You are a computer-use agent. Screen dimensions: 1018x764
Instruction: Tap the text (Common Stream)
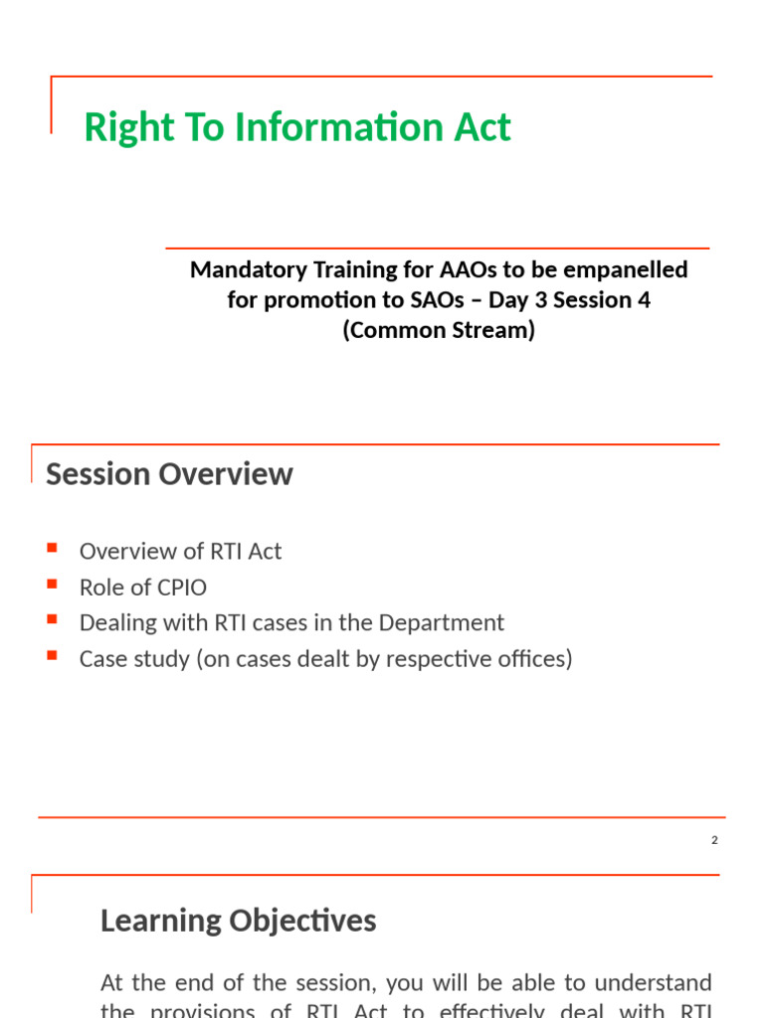(x=439, y=330)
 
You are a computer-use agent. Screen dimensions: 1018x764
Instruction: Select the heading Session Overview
(x=169, y=474)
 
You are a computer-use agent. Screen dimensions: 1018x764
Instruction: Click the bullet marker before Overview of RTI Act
(x=53, y=548)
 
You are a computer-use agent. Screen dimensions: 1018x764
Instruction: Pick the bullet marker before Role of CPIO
(x=53, y=584)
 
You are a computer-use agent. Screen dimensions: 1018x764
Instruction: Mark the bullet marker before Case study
(x=53, y=655)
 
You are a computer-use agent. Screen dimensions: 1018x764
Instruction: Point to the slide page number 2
(x=714, y=840)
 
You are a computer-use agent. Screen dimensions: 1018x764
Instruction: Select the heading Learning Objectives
(x=238, y=921)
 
